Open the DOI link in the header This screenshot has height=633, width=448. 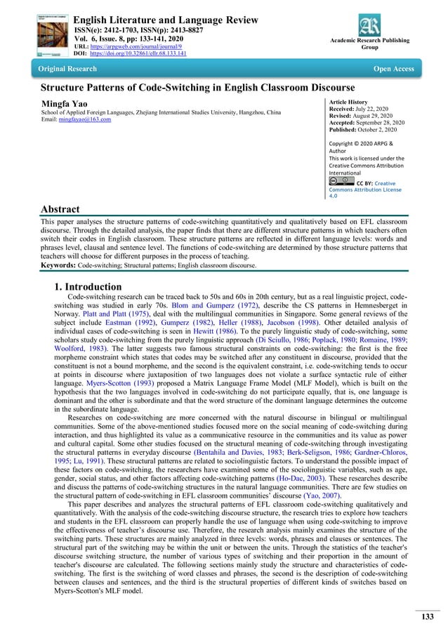point(138,53)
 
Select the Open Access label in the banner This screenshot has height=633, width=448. point(393,69)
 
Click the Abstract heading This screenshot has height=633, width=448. point(60,209)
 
